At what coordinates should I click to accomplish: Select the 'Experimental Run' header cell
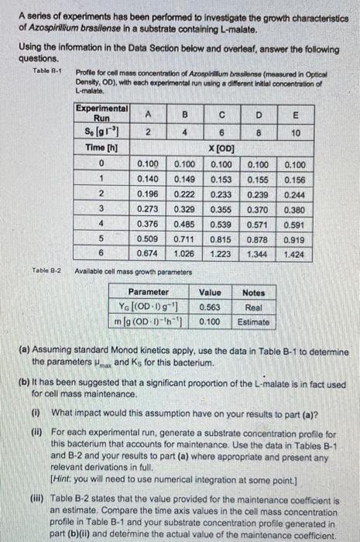(102, 113)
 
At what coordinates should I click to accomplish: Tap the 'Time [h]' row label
(102, 147)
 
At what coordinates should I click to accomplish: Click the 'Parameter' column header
(149, 293)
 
